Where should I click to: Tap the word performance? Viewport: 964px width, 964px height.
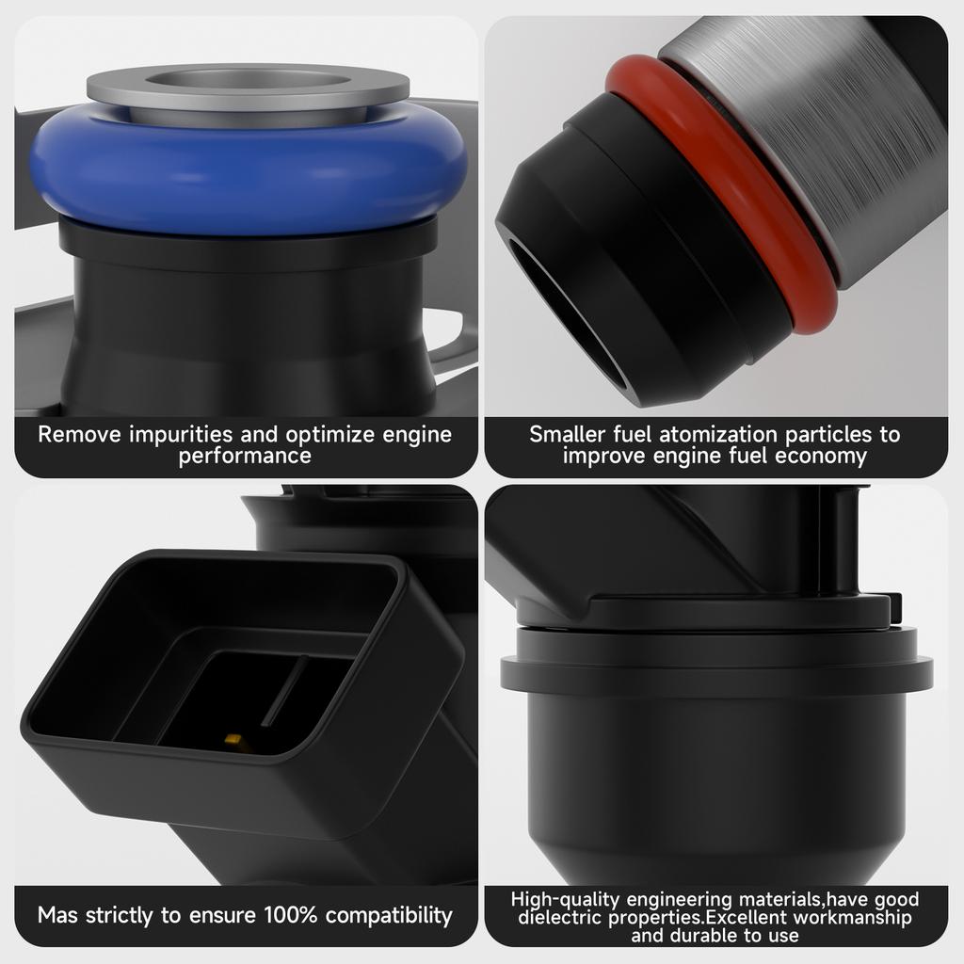tap(245, 457)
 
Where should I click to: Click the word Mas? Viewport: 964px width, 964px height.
tap(57, 915)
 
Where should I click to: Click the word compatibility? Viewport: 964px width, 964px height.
tap(389, 916)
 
